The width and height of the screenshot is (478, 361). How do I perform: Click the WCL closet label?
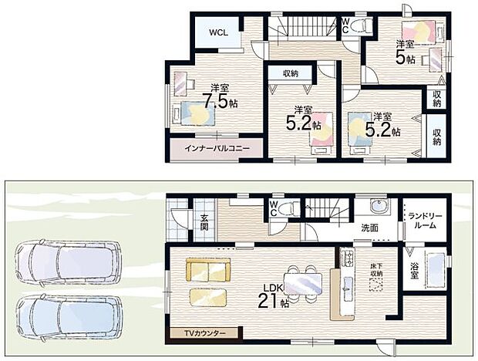point(218,32)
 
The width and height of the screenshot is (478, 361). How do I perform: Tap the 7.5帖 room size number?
point(220,101)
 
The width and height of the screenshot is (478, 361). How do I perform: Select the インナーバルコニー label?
point(217,148)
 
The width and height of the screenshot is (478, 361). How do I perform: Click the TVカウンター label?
point(204,333)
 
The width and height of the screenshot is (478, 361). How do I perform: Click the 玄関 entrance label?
point(204,223)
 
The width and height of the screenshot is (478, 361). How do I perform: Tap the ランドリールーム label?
point(426,221)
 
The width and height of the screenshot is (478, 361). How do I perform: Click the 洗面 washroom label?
point(370,228)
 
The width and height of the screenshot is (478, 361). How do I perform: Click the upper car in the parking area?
point(69,263)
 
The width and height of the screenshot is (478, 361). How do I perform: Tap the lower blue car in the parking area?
point(69,318)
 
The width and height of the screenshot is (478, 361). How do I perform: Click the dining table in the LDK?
point(303,284)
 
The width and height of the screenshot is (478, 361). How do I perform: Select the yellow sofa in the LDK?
point(208,270)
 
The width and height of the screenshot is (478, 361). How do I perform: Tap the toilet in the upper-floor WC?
point(362,25)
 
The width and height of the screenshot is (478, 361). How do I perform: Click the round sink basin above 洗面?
point(379,205)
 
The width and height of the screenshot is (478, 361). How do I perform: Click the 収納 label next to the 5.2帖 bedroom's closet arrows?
point(291,73)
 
